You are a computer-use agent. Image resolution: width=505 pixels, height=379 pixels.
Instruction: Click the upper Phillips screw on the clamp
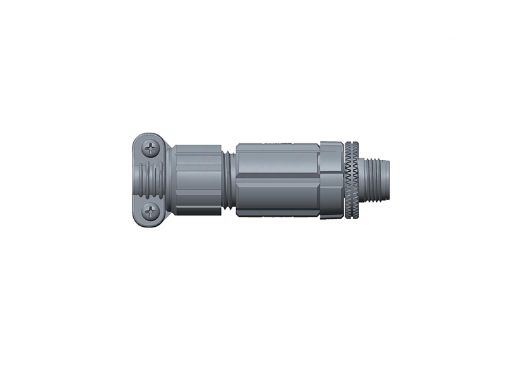pyautogui.click(x=151, y=149)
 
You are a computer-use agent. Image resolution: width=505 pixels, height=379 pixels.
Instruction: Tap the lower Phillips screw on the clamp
pyautogui.click(x=151, y=212)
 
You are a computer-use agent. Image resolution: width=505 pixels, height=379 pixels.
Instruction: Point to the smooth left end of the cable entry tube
pyautogui.click(x=137, y=180)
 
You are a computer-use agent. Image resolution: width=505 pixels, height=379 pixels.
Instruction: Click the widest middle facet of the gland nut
pyautogui.click(x=198, y=179)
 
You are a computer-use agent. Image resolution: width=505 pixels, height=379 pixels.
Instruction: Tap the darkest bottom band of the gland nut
pyautogui.click(x=198, y=210)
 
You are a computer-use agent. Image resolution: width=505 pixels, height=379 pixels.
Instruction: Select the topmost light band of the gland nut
pyautogui.click(x=198, y=150)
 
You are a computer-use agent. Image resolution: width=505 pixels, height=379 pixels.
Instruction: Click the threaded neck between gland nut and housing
pyautogui.click(x=229, y=180)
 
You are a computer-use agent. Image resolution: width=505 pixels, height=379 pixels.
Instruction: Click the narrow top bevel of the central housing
pyautogui.click(x=278, y=146)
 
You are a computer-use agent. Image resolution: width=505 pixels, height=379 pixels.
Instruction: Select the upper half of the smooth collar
pyautogui.click(x=331, y=161)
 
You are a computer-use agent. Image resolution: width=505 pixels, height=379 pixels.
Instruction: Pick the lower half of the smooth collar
pyautogui.click(x=331, y=199)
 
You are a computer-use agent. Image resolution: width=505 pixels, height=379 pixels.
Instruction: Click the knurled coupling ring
pyautogui.click(x=352, y=181)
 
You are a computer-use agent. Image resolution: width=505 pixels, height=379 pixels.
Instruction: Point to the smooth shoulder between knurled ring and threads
pyautogui.click(x=362, y=181)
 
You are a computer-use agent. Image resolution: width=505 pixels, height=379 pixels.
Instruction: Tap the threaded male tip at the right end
pyautogui.click(x=379, y=181)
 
